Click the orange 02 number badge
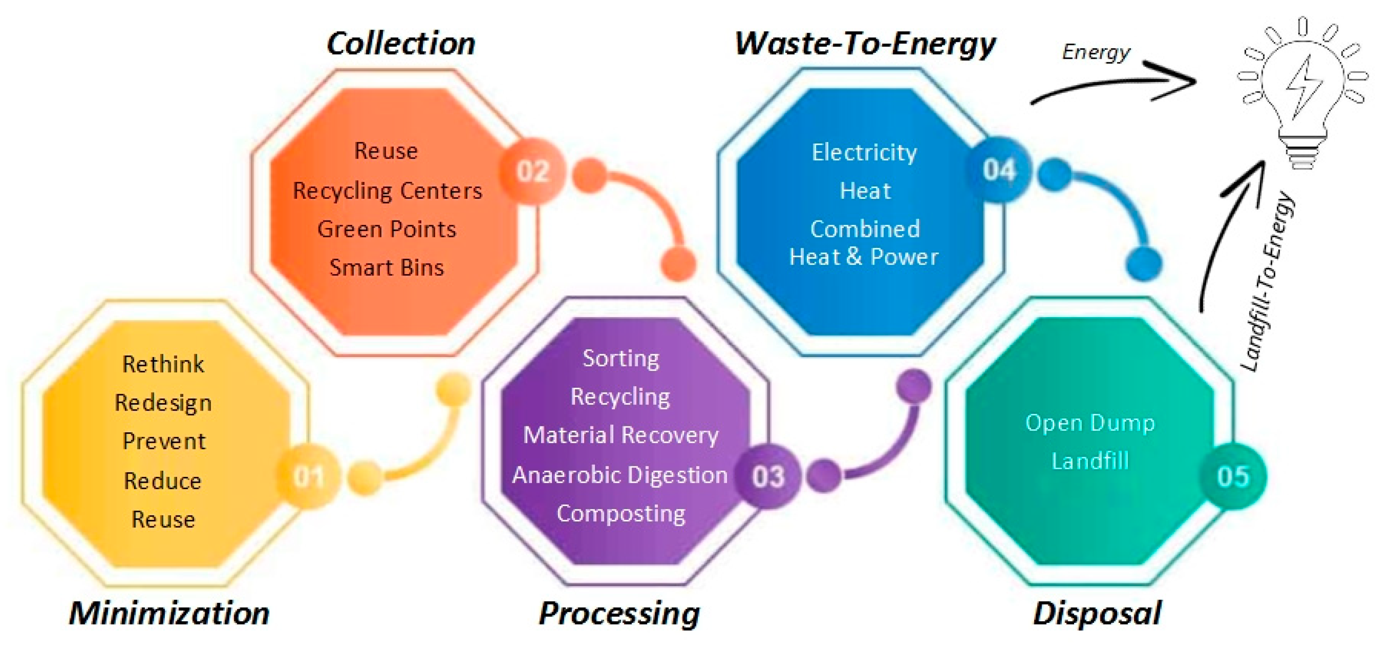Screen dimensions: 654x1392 (532, 171)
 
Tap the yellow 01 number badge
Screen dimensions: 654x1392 (308, 476)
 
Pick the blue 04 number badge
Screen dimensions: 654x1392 (999, 170)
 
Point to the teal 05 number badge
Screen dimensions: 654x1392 (1233, 476)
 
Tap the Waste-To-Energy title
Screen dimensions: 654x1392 (865, 43)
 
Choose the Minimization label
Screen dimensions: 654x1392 (169, 613)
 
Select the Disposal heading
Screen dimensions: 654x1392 (1097, 613)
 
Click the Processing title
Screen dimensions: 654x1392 (619, 613)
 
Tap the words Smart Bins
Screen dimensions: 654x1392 (387, 267)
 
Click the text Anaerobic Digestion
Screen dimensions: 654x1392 (620, 475)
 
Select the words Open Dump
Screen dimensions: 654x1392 (1090, 423)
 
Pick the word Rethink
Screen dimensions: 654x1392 (163, 364)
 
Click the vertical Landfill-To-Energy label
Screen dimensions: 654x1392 (1268, 281)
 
